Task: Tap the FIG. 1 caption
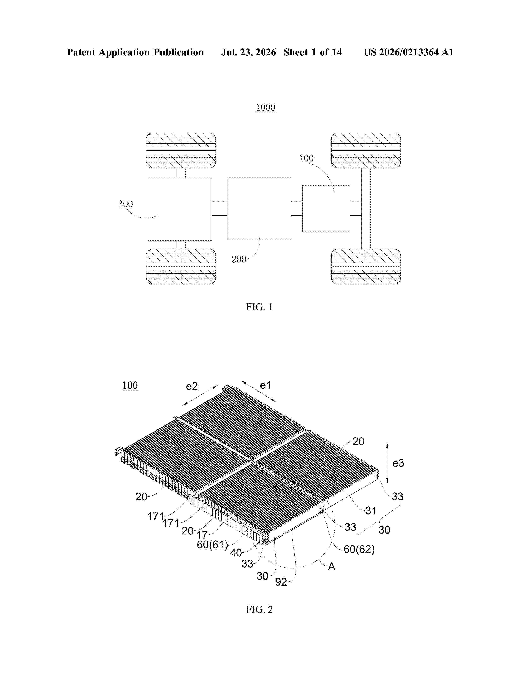pos(259,307)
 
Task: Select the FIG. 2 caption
pos(259,610)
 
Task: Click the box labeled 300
pos(180,209)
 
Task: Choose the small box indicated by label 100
pos(326,209)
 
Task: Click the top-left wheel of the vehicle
pos(181,151)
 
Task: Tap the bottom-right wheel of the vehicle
pos(366,266)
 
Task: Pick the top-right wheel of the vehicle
pos(366,151)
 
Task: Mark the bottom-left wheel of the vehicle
pos(181,266)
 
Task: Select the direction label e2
pos(192,387)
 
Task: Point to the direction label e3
pos(398,463)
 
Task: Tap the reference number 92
pos(281,582)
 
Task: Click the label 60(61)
pos(212,545)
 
